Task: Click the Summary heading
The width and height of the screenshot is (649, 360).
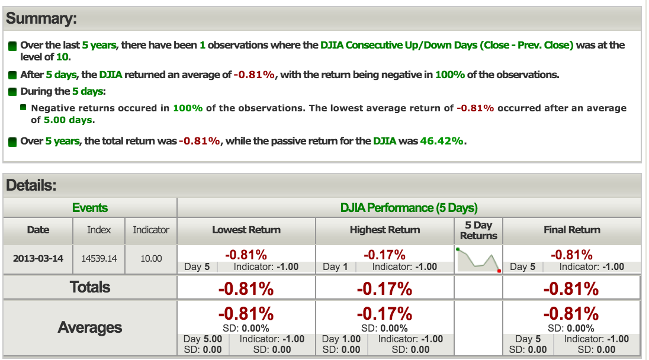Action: coord(41,18)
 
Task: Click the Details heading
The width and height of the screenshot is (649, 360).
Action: coord(31,185)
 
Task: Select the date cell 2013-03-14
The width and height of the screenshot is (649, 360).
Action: coord(38,259)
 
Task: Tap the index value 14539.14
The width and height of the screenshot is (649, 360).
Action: coord(99,259)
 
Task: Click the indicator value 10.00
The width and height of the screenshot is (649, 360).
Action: coord(150,259)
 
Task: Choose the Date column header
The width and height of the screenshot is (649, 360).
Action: coord(38,230)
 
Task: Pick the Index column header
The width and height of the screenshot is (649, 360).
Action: coord(99,230)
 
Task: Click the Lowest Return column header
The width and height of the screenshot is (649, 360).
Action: coord(246,230)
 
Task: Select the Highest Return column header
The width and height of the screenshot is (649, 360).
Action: coord(385,230)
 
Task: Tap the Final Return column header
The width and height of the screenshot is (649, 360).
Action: coord(571,230)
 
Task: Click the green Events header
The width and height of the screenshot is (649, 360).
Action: coord(90,207)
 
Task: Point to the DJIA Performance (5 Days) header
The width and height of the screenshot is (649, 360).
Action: coord(409,207)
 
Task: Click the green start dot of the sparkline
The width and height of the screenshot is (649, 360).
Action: coord(458,249)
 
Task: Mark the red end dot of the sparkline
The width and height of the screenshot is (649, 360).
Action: coord(499,271)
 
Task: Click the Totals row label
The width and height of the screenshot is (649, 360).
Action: coord(90,287)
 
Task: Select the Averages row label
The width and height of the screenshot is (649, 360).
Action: coord(90,327)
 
